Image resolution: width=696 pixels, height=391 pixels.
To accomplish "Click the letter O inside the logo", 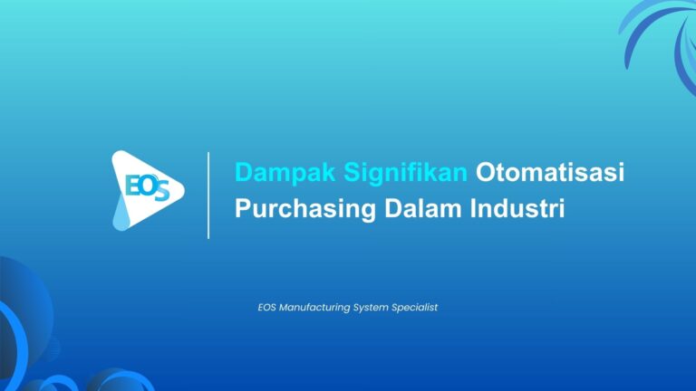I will tap(147, 184).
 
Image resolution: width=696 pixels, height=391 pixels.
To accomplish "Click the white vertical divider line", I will tap(208, 195).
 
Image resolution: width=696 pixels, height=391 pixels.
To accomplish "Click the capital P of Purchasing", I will tap(242, 208).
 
